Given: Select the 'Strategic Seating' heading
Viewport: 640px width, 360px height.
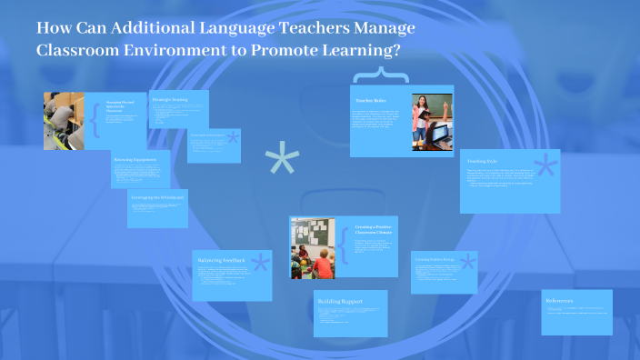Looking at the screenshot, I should coord(170,98).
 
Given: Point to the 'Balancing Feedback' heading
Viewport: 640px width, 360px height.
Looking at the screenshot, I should coord(221,261).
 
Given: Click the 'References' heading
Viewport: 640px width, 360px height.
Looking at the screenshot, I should coord(558,301).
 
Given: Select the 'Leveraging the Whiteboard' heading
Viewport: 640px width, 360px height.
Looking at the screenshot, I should coord(159,197).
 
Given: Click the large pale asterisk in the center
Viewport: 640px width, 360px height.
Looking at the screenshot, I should coord(282,162).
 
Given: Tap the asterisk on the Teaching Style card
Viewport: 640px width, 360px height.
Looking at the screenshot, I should coord(545,168).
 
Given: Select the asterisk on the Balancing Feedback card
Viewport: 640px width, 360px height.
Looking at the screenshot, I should coord(259,265).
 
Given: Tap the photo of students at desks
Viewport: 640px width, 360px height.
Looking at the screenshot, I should coord(64,121).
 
